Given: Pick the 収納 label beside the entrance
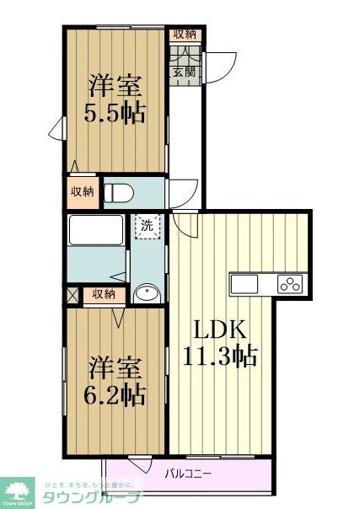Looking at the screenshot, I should pyautogui.click(x=185, y=35).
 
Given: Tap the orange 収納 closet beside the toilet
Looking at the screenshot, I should pyautogui.click(x=83, y=191).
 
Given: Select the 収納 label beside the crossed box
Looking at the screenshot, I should pyautogui.click(x=104, y=294).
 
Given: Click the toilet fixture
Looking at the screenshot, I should pyautogui.click(x=118, y=191).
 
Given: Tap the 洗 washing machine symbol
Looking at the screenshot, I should pyautogui.click(x=147, y=226).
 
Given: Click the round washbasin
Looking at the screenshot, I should pyautogui.click(x=147, y=293).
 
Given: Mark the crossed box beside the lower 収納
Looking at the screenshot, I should pyautogui.click(x=73, y=294).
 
